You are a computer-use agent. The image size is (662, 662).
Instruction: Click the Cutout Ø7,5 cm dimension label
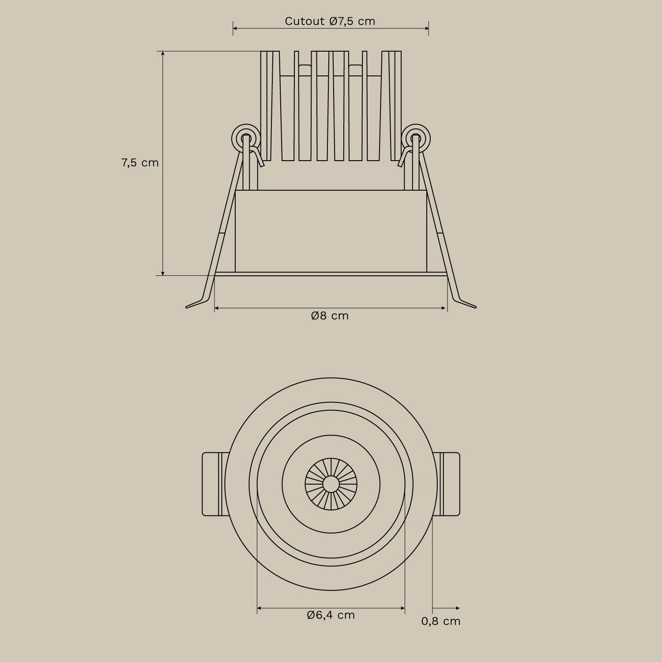tap(330, 21)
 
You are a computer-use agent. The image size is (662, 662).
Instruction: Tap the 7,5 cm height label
tap(140, 162)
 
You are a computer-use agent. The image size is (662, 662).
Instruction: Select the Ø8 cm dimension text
tap(330, 316)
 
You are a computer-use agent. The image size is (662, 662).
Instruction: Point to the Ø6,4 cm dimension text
tap(331, 615)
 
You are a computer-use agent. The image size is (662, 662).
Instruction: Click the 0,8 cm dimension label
tap(440, 621)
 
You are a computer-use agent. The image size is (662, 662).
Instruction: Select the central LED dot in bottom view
tap(331, 484)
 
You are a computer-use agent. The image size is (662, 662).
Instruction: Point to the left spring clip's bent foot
tap(196, 304)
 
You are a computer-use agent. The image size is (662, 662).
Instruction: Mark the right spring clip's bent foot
tap(466, 304)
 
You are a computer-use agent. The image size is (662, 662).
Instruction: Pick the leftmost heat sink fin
tap(264, 106)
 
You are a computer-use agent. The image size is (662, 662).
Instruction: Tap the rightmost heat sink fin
tap(397, 106)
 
